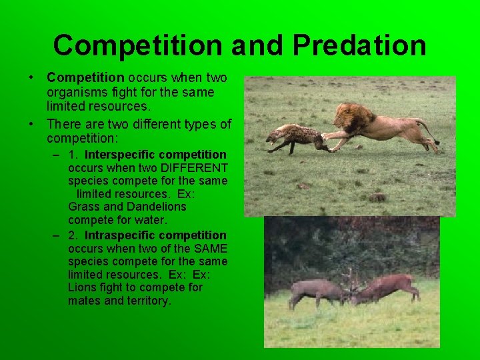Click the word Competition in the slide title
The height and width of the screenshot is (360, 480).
[137, 45]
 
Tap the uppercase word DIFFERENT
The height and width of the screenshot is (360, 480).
[194, 168]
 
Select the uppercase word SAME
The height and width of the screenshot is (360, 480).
[209, 248]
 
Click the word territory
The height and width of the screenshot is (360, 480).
[147, 301]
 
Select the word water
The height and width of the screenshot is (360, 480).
[152, 219]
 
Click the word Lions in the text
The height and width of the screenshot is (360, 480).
[82, 287]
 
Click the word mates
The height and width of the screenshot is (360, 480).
[84, 301]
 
